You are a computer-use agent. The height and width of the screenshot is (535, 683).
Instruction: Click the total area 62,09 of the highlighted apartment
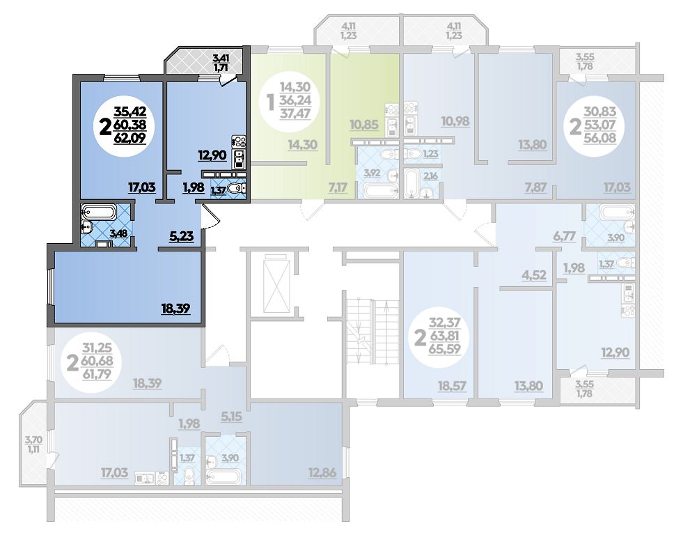pos(129,139)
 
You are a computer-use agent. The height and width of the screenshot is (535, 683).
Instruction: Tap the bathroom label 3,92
pos(372,173)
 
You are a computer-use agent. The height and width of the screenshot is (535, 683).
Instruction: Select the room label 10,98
pos(455,121)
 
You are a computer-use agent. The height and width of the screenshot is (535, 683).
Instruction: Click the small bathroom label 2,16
pos(430,176)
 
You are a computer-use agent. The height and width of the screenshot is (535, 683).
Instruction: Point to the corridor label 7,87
pos(536,187)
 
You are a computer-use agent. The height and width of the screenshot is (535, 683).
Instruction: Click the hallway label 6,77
pos(565,236)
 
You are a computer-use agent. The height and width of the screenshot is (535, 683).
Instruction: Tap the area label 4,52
pos(534,275)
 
